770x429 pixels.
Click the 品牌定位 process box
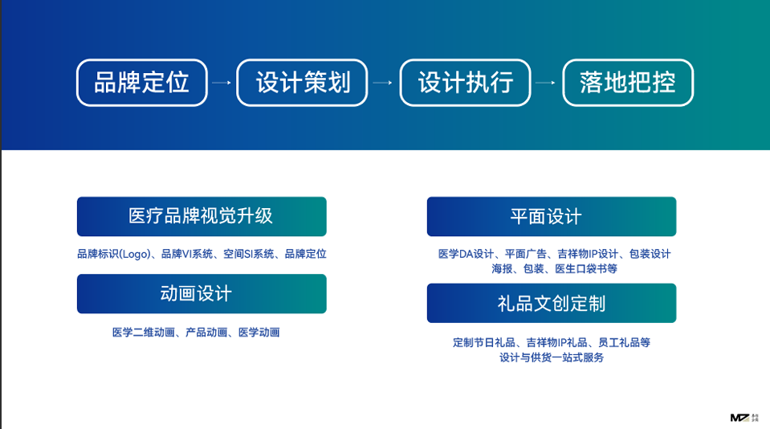142,83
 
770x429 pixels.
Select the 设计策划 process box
302,83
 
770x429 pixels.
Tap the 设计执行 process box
465,83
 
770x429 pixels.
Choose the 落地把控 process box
628,83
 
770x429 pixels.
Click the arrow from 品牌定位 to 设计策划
222,83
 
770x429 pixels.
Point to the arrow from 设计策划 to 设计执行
383,83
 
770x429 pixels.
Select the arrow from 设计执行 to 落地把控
545,83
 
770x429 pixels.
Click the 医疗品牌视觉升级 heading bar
202,216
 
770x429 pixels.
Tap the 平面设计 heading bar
552,216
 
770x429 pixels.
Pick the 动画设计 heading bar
202,293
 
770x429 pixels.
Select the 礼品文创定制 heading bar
552,303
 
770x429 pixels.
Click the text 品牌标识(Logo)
113,254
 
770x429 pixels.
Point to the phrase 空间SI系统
248,254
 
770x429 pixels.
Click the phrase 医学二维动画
144,333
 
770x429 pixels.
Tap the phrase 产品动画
206,333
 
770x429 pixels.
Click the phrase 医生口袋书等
586,269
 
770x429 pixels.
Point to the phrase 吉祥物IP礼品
556,342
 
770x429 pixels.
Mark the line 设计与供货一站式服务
552,357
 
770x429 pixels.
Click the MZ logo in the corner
744,418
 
